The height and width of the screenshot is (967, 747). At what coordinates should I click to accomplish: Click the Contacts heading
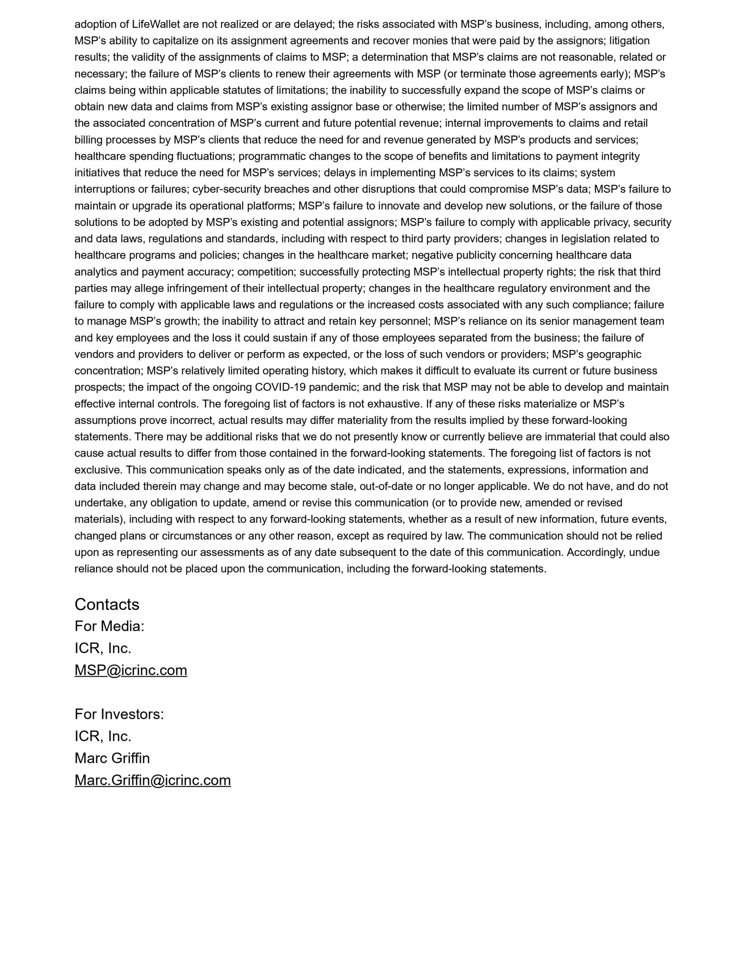coord(107,604)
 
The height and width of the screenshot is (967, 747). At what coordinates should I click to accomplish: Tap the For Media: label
coord(109,626)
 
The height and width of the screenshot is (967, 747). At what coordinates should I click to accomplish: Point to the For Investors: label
coord(119,714)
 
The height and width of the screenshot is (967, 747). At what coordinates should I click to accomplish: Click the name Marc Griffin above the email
coord(112,758)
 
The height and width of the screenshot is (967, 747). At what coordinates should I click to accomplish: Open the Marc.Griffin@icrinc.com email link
coord(152,780)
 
